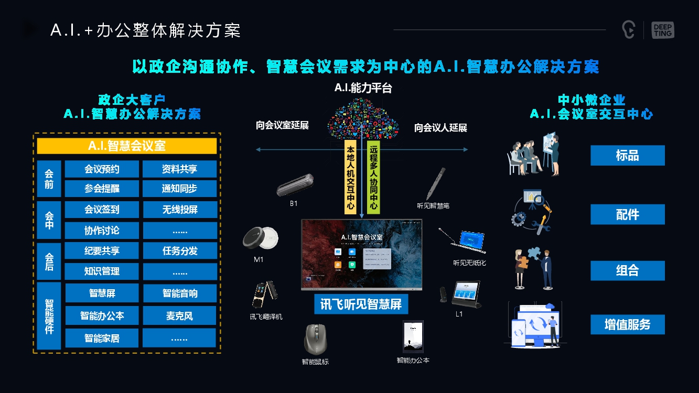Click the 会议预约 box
[x=102, y=169]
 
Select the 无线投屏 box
[x=179, y=210]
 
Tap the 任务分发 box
[x=179, y=250]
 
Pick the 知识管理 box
[x=102, y=271]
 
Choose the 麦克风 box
[x=179, y=315]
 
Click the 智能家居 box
[x=102, y=338]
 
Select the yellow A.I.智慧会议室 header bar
[x=126, y=146]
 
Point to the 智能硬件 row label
[x=49, y=315]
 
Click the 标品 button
[x=627, y=156]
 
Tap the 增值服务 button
[x=627, y=324]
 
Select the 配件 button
[x=627, y=214]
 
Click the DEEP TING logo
[x=662, y=30]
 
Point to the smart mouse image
[x=315, y=339]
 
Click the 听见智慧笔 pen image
[x=436, y=183]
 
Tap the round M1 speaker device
[x=257, y=239]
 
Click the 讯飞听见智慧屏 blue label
[x=361, y=303]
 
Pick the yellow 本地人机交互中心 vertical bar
[x=350, y=177]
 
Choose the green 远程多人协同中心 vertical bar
[x=373, y=177]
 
